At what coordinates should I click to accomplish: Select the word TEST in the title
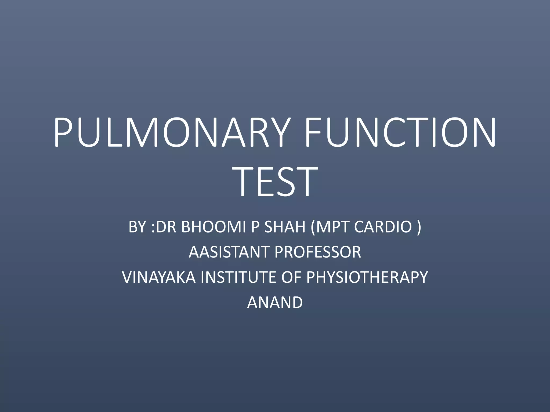pyautogui.click(x=275, y=182)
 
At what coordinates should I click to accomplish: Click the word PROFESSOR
pyautogui.click(x=318, y=252)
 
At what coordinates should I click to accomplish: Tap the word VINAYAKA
pyautogui.click(x=159, y=277)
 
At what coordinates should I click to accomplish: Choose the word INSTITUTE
pyautogui.click(x=238, y=277)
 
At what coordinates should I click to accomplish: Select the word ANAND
pyautogui.click(x=275, y=302)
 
